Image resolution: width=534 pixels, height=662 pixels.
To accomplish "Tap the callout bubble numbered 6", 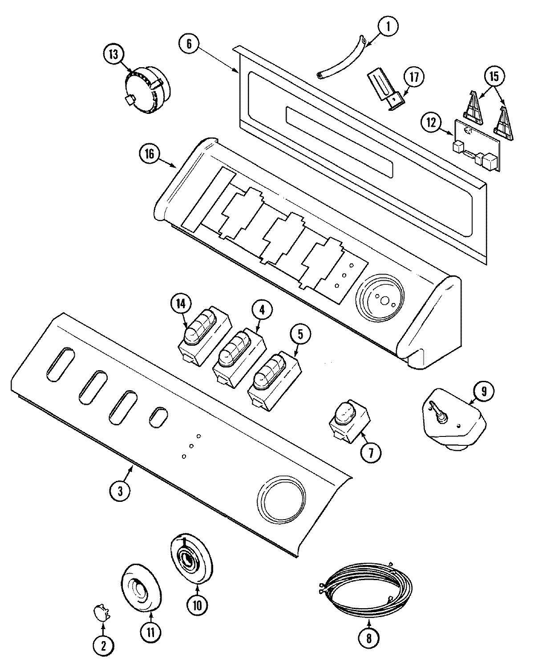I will point(189,44).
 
